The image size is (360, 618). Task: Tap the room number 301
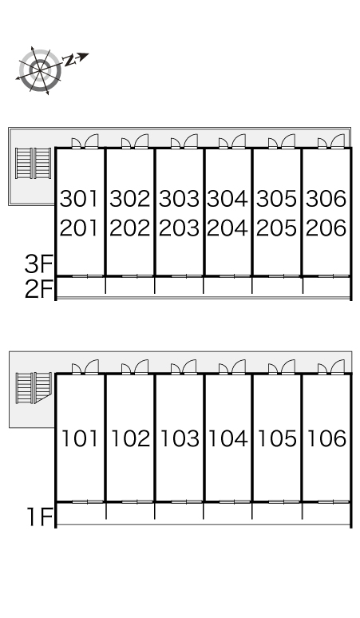(79, 198)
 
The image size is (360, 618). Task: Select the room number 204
(227, 228)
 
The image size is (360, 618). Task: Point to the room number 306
(326, 198)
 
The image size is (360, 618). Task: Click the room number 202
(129, 228)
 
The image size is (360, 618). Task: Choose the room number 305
(276, 198)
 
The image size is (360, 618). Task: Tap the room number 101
(80, 438)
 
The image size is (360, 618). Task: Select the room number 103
(180, 438)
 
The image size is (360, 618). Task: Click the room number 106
(326, 438)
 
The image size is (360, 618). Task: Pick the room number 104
(228, 438)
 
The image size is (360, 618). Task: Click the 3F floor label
(38, 263)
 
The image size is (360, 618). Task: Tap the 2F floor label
(38, 290)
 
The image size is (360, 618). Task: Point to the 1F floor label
(39, 517)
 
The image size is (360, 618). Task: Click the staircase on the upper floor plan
(33, 163)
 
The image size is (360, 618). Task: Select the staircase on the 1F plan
(34, 388)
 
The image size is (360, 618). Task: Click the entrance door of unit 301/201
(85, 142)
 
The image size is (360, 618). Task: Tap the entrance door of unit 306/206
(331, 142)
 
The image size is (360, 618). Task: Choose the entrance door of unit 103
(184, 367)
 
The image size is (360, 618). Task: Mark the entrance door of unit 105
(282, 367)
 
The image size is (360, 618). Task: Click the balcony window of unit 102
(129, 501)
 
